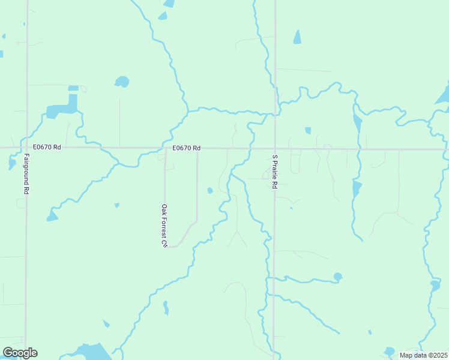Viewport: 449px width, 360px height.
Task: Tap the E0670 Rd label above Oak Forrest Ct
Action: [x=185, y=148]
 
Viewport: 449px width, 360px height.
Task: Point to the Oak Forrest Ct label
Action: [x=163, y=226]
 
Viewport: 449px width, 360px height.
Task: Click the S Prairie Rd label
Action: [x=274, y=172]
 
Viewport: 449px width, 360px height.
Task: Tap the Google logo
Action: [x=20, y=353]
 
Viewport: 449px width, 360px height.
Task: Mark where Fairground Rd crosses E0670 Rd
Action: [x=26, y=148]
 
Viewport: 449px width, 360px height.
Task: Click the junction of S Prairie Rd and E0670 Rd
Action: [x=275, y=148]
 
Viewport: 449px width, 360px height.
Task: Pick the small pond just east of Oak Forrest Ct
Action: [x=209, y=191]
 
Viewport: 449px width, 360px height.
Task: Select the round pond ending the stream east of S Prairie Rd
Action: [x=338, y=277]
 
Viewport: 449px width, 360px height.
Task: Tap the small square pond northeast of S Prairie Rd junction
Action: [x=308, y=131]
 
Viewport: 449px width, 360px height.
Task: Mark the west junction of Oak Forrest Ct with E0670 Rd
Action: [x=164, y=148]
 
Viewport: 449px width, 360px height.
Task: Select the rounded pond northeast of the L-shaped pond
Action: [x=122, y=81]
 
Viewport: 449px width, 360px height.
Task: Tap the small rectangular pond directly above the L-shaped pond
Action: [x=73, y=88]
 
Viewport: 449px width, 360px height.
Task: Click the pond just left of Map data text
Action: [x=390, y=351]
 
